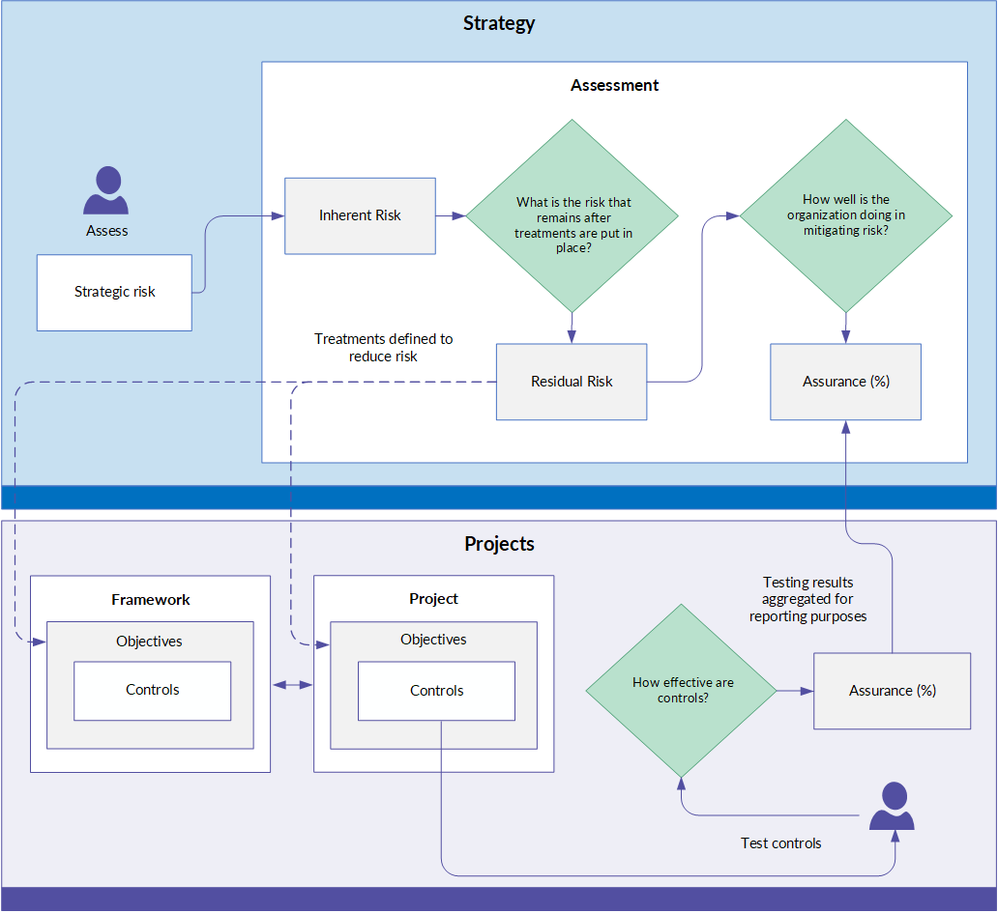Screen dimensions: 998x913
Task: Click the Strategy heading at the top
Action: tap(499, 23)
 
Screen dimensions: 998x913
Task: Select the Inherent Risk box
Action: tap(361, 216)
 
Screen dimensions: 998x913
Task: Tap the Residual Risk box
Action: tap(572, 383)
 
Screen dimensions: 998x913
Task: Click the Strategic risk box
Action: tap(114, 293)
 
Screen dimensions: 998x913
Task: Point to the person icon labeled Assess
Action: tap(106, 190)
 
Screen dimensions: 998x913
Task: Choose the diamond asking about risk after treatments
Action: tap(572, 216)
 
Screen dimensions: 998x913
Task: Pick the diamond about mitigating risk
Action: tap(846, 216)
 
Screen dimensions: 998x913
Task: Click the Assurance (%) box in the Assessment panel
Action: tap(846, 383)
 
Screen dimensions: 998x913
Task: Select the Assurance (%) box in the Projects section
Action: tap(893, 691)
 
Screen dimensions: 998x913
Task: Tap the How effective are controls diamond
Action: tap(682, 691)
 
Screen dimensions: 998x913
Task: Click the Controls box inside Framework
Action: tap(153, 691)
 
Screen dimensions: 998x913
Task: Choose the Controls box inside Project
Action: tap(437, 691)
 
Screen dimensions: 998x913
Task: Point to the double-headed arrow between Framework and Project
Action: tap(293, 685)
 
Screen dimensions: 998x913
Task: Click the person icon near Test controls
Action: tap(893, 806)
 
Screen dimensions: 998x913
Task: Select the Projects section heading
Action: tap(500, 544)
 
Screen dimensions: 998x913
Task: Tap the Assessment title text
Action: tap(615, 85)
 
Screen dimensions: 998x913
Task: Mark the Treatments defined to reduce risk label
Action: tap(383, 348)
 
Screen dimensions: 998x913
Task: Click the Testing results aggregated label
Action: tap(808, 600)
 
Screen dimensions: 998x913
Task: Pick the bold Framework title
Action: tap(151, 600)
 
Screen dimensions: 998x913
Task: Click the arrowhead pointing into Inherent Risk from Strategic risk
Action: tap(279, 216)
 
